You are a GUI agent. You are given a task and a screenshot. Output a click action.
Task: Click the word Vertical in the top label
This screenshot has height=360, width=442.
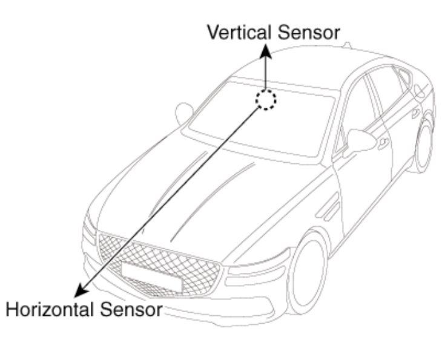pyautogui.click(x=239, y=32)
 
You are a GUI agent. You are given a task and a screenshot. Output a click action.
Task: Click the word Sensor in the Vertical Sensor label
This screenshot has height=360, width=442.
pyautogui.click(x=309, y=33)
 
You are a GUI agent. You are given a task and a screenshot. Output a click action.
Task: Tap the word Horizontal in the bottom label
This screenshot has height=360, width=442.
pyautogui.click(x=50, y=309)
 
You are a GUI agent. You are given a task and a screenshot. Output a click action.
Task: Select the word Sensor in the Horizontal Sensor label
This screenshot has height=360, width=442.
pyautogui.click(x=131, y=310)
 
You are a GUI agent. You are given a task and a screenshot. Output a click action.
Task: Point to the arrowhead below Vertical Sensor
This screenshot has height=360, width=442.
pyautogui.click(x=266, y=51)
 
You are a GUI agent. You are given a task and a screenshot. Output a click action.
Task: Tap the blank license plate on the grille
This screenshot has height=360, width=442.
pyautogui.click(x=151, y=277)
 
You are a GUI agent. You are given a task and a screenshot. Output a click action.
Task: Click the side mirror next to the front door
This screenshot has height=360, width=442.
pyautogui.click(x=361, y=141)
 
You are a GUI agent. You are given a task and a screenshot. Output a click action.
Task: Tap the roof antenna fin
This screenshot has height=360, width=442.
pyautogui.click(x=347, y=45)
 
